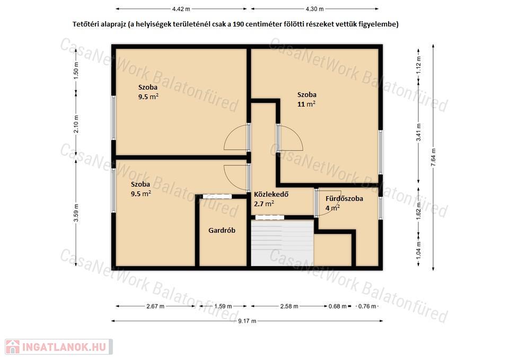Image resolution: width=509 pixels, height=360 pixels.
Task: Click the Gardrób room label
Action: (222, 231)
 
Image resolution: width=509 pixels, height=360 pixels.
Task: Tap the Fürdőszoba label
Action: (344, 199)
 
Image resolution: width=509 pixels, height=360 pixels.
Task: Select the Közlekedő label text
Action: (271, 195)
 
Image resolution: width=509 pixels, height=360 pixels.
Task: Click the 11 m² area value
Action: (306, 104)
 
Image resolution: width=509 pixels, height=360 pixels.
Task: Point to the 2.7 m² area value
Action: (264, 204)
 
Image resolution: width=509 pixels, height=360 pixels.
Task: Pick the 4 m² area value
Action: (333, 208)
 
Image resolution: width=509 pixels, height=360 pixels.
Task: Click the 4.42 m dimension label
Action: (181, 9)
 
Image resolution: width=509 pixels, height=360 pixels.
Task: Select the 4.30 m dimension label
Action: (314, 9)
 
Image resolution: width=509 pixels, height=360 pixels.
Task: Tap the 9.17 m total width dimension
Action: (247, 321)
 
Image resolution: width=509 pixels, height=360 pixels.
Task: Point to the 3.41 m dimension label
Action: (419, 133)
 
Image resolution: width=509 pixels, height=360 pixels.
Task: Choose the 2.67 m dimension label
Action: (155, 306)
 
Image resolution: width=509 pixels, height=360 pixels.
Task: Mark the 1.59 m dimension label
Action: (223, 306)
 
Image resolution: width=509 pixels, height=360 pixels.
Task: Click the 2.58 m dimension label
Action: (289, 306)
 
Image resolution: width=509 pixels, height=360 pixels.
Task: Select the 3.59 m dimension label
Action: (76, 213)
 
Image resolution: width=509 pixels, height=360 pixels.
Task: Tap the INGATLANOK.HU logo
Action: (59, 347)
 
